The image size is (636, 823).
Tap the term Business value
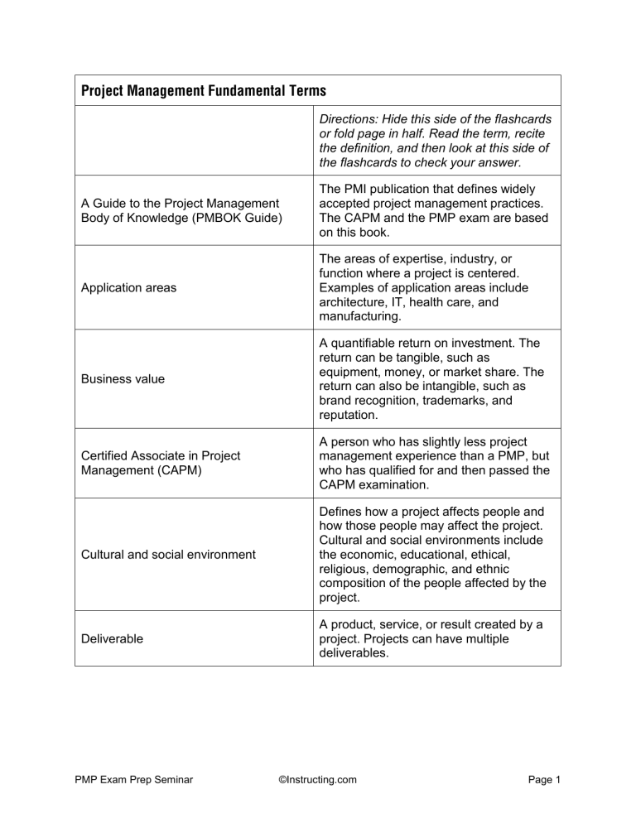[x=123, y=378]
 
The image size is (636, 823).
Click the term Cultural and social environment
[x=168, y=554]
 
